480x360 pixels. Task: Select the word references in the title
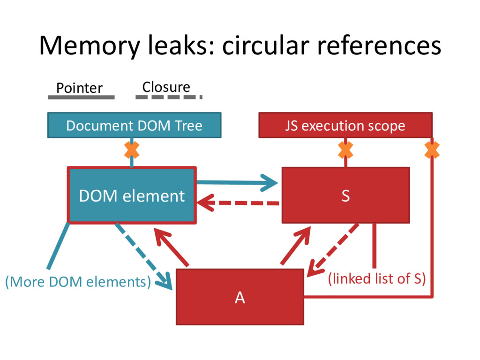379,45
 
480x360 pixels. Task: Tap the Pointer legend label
79,88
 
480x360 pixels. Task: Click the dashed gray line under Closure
169,97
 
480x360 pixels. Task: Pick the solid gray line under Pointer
81,97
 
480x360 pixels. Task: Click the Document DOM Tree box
135,125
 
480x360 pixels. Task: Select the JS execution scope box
345,125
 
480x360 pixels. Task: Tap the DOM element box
132,195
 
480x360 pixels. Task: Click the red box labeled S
345,195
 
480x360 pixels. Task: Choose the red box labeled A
240,297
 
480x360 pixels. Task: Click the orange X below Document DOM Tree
132,150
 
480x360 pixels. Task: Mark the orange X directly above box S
345,150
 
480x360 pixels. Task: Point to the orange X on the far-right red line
432,150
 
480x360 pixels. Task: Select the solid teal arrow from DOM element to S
237,183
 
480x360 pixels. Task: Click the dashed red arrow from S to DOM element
238,203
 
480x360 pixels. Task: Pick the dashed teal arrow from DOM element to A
143,256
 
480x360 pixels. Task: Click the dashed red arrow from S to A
333,250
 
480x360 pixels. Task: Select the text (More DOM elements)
78,282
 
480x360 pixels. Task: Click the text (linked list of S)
377,279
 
